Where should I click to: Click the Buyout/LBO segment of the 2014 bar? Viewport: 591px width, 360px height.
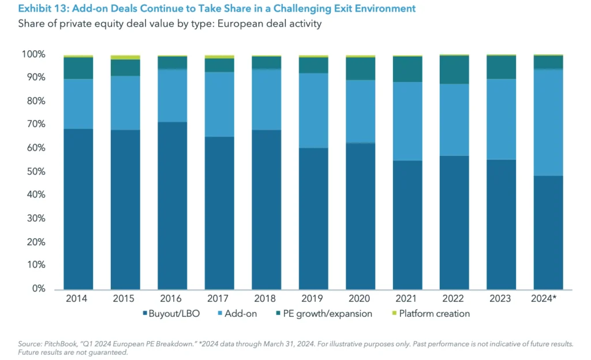[78, 208]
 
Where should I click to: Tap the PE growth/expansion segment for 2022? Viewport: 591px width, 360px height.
[454, 70]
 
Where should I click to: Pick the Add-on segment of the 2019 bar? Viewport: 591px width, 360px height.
[313, 110]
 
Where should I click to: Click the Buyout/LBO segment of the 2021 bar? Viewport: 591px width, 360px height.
[407, 225]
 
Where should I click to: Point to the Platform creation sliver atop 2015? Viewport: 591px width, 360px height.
[125, 57]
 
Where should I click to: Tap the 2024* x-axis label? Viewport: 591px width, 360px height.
[548, 299]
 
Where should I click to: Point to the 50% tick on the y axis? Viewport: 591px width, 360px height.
[35, 171]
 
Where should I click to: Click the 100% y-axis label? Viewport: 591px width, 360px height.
[33, 54]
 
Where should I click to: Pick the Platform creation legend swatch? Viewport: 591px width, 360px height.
[394, 314]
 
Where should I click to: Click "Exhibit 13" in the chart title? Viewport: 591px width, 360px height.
[40, 9]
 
